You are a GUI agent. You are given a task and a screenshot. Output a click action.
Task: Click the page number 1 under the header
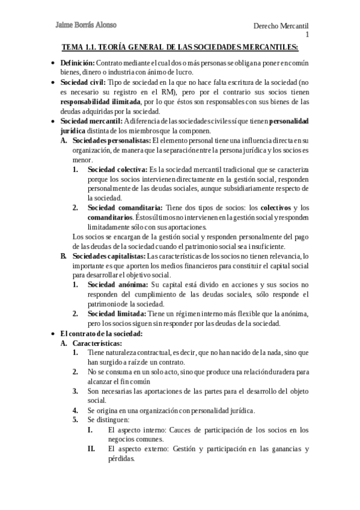[307, 35]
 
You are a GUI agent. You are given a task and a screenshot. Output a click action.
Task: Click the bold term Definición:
[78, 63]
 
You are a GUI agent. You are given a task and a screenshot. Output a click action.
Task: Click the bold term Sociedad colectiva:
[117, 170]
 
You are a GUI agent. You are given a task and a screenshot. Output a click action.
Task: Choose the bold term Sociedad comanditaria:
[125, 208]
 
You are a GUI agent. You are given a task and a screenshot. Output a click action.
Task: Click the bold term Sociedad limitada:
[117, 314]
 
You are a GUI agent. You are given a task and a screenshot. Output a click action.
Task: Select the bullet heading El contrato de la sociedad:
[101, 333]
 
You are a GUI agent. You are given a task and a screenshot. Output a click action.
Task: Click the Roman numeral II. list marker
[91, 449]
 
